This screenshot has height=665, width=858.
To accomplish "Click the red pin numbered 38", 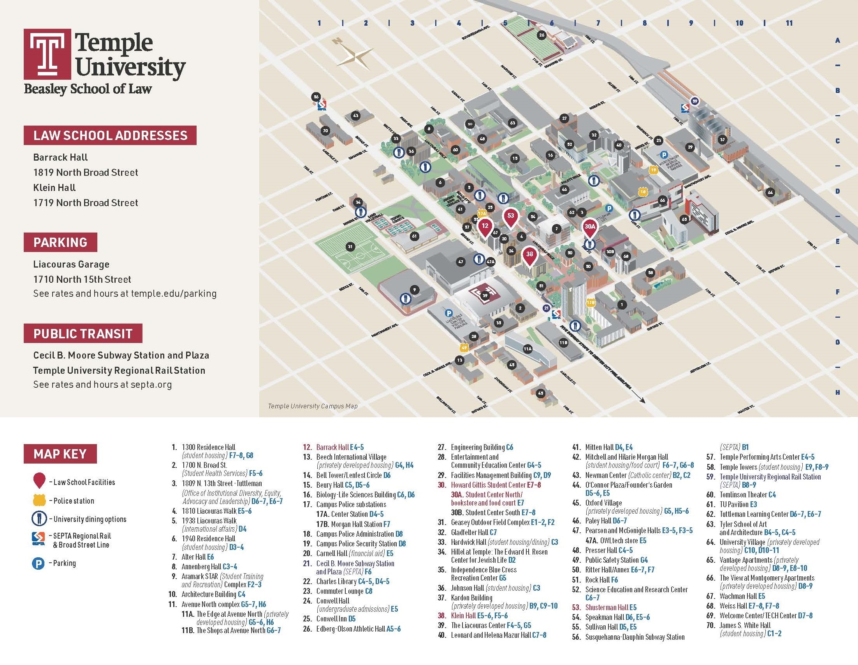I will point(529,255).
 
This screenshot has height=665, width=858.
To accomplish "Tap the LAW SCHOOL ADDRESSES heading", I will point(110,135).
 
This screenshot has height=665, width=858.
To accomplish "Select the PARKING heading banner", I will point(60,242).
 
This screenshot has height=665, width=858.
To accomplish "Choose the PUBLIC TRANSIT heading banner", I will point(83,333).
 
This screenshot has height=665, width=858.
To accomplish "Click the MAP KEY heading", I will point(60,454).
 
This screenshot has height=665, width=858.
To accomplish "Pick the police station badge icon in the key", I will point(38,500).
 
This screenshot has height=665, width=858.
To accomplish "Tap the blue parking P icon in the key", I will point(38,563).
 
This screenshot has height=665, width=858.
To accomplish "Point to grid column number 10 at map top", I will point(739,23).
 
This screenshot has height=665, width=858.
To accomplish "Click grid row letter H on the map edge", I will point(837,392).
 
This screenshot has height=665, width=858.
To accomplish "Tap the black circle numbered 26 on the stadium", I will point(542,35).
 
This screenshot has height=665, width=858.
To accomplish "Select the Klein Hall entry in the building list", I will point(463,616).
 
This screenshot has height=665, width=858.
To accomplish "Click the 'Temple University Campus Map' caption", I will point(312,406).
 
